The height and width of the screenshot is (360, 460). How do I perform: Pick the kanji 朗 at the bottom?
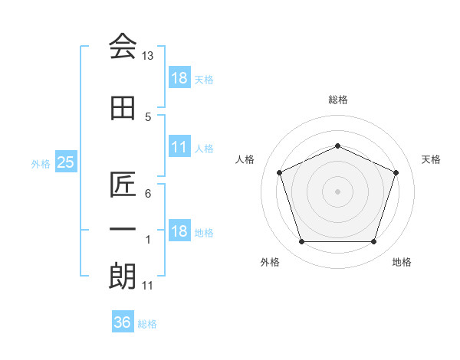[x=123, y=276]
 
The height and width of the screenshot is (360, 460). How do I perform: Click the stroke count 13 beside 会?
[x=148, y=56]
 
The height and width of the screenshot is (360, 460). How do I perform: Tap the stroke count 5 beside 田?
[x=148, y=117]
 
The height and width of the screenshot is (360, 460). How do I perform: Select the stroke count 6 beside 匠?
[x=148, y=194]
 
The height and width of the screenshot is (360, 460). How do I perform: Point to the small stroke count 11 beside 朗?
[x=148, y=286]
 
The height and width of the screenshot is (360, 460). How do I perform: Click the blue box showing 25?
[x=65, y=162]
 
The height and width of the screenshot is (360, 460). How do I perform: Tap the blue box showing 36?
[x=122, y=322]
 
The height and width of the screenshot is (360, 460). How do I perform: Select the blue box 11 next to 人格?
[x=179, y=147]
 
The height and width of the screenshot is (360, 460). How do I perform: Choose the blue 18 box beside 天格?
[x=179, y=78]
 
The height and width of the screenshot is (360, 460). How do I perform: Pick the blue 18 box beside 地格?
[x=179, y=231]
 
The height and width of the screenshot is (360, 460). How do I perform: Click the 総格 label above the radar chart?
[x=337, y=100]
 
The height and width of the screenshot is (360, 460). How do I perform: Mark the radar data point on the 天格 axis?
[x=396, y=172]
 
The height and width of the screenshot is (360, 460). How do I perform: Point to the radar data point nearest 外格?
[x=301, y=242]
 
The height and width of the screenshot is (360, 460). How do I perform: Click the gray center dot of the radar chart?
[x=337, y=191]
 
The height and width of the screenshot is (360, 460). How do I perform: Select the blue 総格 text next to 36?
[x=147, y=324]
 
